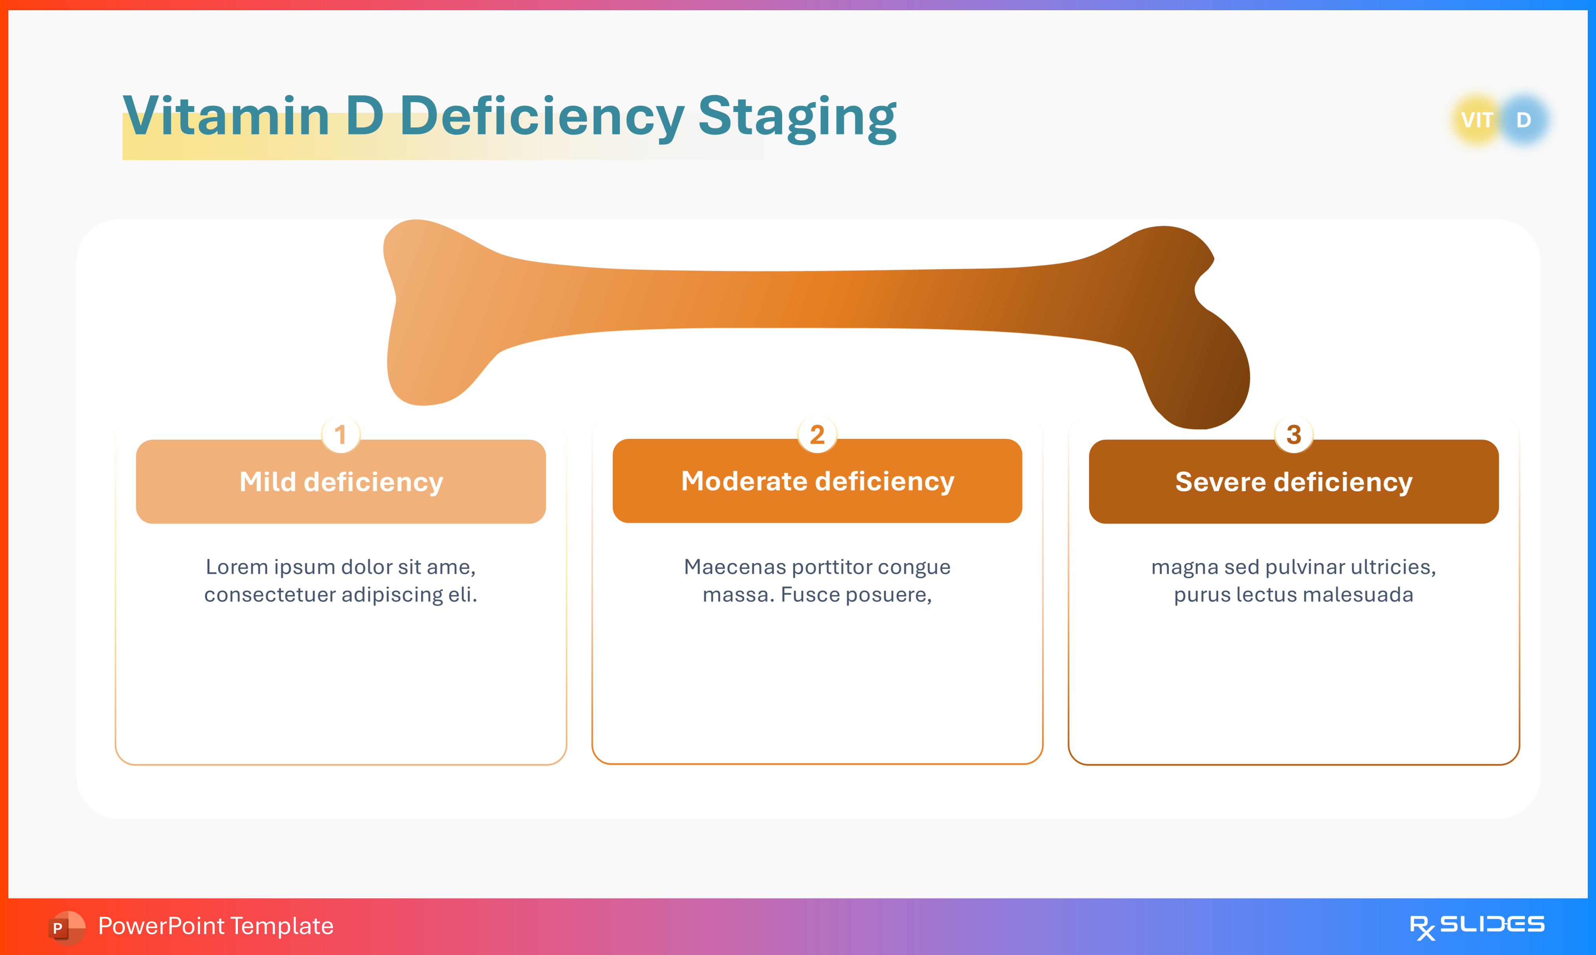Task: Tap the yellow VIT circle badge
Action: [1476, 120]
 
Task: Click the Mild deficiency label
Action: [341, 482]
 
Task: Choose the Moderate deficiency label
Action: [817, 481]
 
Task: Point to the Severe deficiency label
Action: [1294, 482]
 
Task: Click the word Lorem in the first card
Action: [236, 567]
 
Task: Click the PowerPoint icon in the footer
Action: [66, 927]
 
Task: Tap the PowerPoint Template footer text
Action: [215, 926]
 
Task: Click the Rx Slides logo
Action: [1476, 926]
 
